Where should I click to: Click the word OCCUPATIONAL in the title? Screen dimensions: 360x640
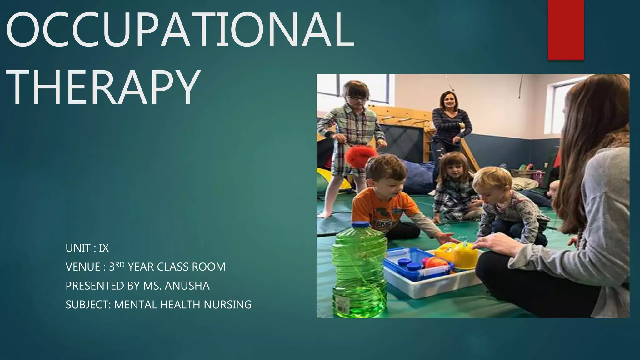click(180, 30)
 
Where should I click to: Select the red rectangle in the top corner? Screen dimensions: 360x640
click(566, 30)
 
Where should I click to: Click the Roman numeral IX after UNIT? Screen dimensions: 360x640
click(104, 248)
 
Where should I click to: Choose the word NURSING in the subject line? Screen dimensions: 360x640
click(228, 305)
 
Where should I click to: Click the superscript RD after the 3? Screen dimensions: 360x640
click(120, 265)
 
